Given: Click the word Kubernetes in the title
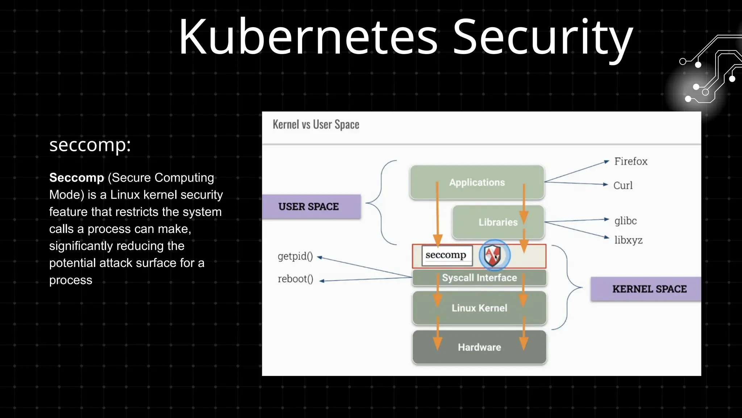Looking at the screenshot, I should (308, 37).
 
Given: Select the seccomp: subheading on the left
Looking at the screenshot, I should (90, 145).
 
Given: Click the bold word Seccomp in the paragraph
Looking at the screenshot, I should (76, 177).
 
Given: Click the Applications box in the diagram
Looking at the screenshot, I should (477, 182).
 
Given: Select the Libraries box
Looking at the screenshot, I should (498, 222).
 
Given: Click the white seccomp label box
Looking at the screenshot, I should (446, 255).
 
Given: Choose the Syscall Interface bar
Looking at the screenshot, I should (479, 278).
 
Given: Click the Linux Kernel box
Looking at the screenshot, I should (479, 308).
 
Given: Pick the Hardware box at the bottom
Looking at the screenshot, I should (479, 347).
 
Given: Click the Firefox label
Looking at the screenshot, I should (630, 161).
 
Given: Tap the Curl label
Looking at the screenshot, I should (623, 185).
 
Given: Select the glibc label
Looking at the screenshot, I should (625, 221).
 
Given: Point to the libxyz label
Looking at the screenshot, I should (628, 240).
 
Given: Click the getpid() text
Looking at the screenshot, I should (295, 256).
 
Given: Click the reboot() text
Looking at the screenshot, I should (295, 279).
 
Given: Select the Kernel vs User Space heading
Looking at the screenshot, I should (316, 124).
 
